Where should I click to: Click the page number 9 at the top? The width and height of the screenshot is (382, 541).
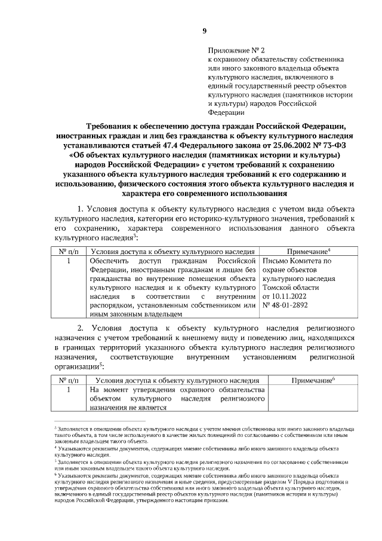204,31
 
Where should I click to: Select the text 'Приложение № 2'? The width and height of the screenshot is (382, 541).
233,51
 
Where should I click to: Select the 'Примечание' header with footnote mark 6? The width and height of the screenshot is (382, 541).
312,380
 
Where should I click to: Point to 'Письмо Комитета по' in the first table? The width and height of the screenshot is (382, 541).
297,261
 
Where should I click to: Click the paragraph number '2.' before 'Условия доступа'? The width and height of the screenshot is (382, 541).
82,328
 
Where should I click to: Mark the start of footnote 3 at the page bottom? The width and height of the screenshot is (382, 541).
56,429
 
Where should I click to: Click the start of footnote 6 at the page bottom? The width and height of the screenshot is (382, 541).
56,475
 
